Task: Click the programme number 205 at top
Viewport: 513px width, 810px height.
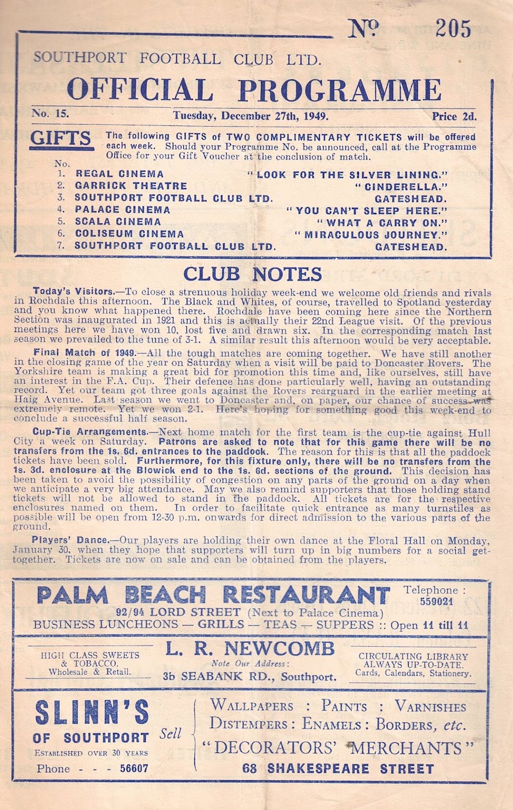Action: (453, 28)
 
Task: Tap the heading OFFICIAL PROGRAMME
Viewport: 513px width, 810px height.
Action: (254, 90)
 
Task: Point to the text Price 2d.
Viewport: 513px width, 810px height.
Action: (454, 116)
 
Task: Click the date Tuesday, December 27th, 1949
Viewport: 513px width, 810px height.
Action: (251, 115)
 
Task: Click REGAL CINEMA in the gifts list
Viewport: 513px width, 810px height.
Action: (120, 174)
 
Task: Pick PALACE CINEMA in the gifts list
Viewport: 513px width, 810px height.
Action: (122, 210)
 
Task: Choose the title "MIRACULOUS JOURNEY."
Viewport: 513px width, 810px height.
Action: (371, 234)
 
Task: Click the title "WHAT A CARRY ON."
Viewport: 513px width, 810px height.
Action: (382, 222)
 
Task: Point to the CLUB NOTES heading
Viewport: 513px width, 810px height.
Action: (252, 274)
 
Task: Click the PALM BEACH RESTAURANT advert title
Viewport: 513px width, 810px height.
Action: (213, 595)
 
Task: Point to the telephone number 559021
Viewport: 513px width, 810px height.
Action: (436, 601)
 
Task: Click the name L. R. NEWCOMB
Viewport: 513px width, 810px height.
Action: (250, 649)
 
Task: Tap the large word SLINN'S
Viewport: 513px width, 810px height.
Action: (92, 713)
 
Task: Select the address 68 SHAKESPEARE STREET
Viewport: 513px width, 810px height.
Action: (338, 768)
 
